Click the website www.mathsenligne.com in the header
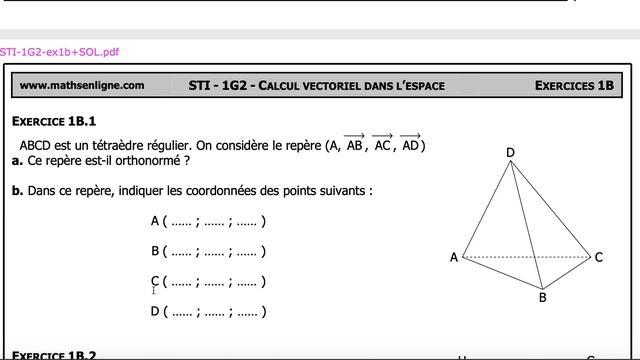click(x=81, y=86)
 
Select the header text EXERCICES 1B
click(x=573, y=86)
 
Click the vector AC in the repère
click(x=382, y=144)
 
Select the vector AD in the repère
click(x=410, y=144)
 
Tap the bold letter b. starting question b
click(x=18, y=190)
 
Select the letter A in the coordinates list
click(x=155, y=221)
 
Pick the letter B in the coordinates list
click(x=155, y=251)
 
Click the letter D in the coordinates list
click(x=155, y=311)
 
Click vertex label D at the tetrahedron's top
click(x=510, y=153)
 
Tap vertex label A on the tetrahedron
click(x=454, y=258)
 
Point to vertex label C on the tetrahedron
click(x=598, y=257)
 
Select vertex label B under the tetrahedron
click(x=542, y=297)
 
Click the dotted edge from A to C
click(x=525, y=257)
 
